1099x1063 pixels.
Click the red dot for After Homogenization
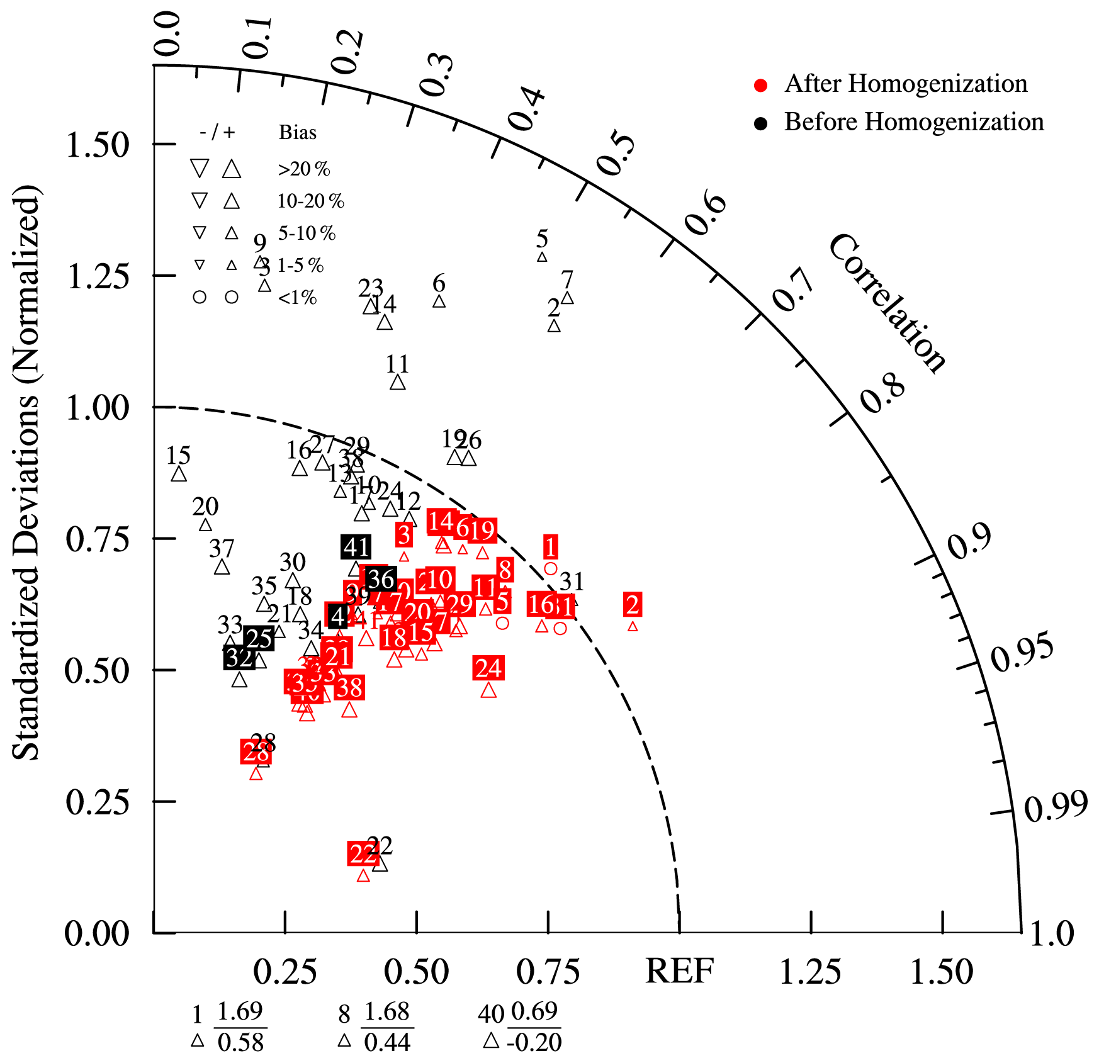(x=761, y=86)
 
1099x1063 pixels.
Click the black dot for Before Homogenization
(x=761, y=123)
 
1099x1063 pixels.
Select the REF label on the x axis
(x=680, y=971)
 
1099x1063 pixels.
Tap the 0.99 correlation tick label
(x=1056, y=806)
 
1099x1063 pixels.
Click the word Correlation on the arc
(x=887, y=303)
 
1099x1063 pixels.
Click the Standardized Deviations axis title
(x=26, y=472)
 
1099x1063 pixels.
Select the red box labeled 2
(x=633, y=605)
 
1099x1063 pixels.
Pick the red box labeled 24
(x=488, y=668)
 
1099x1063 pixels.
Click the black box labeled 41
(x=356, y=548)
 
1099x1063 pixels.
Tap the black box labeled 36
(x=381, y=579)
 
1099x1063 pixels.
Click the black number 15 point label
(x=178, y=455)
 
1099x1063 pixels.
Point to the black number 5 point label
(x=542, y=239)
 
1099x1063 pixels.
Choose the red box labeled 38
(x=349, y=688)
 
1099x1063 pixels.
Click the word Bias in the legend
(x=298, y=133)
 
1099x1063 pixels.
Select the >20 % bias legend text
(x=304, y=169)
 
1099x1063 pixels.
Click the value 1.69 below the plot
(x=240, y=1011)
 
